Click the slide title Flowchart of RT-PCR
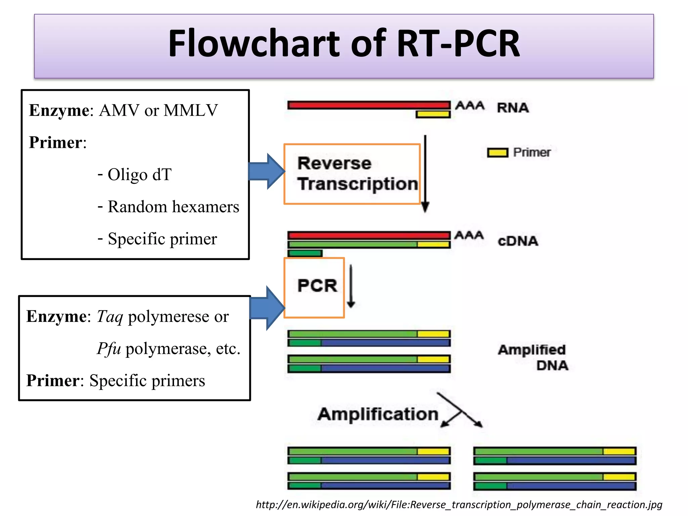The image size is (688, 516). coord(344,44)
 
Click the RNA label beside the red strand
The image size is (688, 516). coord(513,108)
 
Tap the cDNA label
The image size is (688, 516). coord(518,241)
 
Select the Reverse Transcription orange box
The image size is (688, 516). coord(352,174)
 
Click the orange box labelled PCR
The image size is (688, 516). coord(314,287)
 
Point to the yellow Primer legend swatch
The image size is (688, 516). coord(498,153)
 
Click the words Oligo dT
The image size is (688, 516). coord(139,175)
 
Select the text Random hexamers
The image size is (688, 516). coord(173,207)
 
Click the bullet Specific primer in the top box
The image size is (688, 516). coord(162,239)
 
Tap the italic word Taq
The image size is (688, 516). coord(110,317)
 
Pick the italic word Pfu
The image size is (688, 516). coord(109,348)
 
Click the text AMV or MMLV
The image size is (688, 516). coord(158,110)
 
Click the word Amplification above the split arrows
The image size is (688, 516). coord(378,414)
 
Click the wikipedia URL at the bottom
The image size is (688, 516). coord(459,505)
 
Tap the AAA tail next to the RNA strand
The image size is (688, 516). coord(470,105)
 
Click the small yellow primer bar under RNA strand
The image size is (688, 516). coord(433,114)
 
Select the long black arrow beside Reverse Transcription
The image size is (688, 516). coord(425,173)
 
